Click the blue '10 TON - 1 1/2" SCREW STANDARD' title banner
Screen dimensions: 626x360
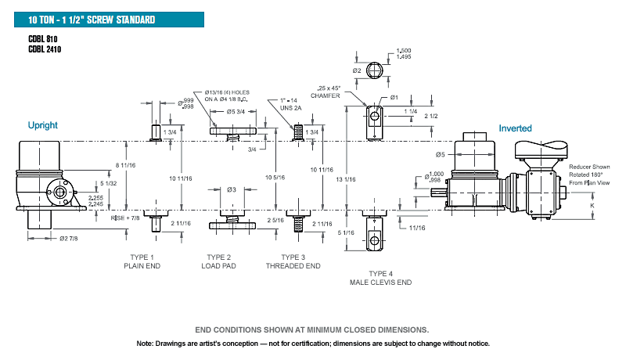pyautogui.click(x=109, y=20)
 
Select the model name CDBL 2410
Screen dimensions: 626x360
pyautogui.click(x=45, y=49)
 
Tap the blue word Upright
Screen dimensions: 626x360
pyautogui.click(x=43, y=125)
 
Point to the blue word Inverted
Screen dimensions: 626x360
pyautogui.click(x=515, y=128)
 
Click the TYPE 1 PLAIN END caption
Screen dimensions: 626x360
pyautogui.click(x=142, y=261)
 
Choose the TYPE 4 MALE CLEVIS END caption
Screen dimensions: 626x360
pyautogui.click(x=380, y=278)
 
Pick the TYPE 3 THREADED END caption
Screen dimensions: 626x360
pyautogui.click(x=293, y=261)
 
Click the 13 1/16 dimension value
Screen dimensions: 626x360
pyautogui.click(x=345, y=179)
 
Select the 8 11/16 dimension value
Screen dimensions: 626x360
pyautogui.click(x=125, y=165)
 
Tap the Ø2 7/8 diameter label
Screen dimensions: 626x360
pyautogui.click(x=69, y=239)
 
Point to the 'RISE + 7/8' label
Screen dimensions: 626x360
pyautogui.click(x=125, y=218)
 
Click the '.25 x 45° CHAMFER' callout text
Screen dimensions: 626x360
pyautogui.click(x=326, y=92)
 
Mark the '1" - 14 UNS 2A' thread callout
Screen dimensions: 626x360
pyautogui.click(x=290, y=104)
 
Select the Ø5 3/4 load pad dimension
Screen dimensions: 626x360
pyautogui.click(x=236, y=112)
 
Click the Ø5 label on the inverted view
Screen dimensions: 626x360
pyautogui.click(x=440, y=154)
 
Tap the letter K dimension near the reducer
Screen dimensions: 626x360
pyautogui.click(x=592, y=206)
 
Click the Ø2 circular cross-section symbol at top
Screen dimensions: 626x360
pyautogui.click(x=375, y=70)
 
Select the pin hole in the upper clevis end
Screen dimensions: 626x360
pyautogui.click(x=375, y=116)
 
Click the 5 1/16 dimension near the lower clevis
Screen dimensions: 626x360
pyautogui.click(x=346, y=232)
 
